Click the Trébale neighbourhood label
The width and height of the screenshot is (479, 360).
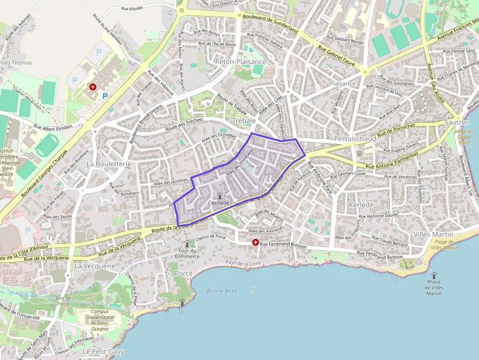pos(244,120)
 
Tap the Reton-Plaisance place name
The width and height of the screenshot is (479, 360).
pos(240,62)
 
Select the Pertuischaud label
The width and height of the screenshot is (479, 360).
pos(355,139)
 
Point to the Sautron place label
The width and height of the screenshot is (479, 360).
pos(457,123)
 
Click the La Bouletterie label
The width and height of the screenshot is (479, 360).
pos(109,164)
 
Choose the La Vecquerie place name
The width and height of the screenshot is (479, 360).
pos(95,266)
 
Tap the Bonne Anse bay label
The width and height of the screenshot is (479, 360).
pos(222,291)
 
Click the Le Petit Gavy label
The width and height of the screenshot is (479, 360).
pos(103,352)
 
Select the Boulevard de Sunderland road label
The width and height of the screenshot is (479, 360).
pos(270,23)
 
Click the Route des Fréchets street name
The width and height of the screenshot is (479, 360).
pos(184,122)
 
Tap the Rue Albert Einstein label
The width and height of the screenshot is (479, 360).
pos(53,127)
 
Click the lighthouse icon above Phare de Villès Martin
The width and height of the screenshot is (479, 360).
pos(433,275)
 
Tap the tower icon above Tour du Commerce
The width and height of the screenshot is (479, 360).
pos(187,244)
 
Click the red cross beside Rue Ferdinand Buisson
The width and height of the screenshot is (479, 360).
pos(255,242)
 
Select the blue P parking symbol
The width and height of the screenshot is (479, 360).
pos(105,97)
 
